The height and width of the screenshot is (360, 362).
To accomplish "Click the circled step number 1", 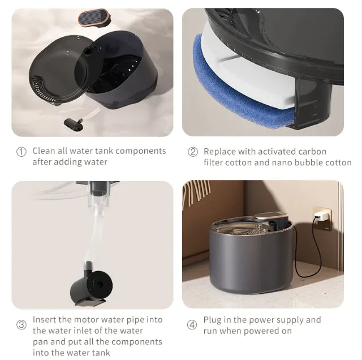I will point(21,152).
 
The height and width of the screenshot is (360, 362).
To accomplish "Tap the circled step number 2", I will point(193,152).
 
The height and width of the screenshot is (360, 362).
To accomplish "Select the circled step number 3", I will point(21,325).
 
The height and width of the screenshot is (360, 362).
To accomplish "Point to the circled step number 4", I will point(193,325).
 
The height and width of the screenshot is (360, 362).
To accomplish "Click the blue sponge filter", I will point(238,91).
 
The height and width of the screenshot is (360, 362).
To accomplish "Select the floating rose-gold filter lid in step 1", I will point(93,17).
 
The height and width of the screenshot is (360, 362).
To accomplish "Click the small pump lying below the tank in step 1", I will point(74,123).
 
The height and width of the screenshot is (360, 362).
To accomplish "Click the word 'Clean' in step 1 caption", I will point(44,151).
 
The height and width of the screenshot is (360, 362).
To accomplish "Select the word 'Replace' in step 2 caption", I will point(219,152).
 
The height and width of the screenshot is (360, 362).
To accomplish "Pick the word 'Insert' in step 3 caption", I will point(44,320).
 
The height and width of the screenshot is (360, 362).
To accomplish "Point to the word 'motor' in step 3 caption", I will point(87,320).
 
